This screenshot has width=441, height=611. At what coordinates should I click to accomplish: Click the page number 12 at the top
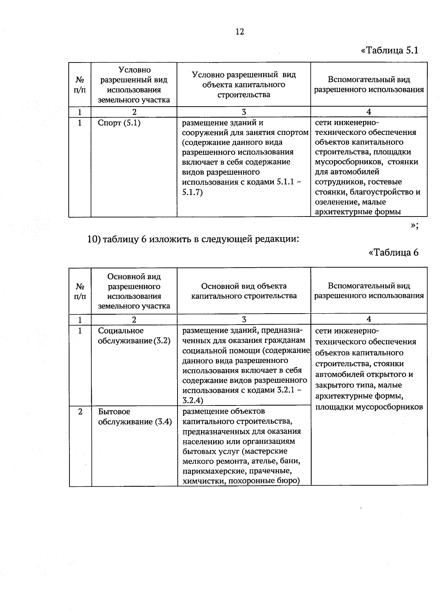click(x=239, y=32)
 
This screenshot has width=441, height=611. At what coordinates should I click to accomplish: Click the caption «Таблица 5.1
click(x=390, y=50)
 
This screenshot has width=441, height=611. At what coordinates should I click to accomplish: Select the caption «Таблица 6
click(x=393, y=252)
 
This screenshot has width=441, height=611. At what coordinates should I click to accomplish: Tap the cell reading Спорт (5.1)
click(x=119, y=123)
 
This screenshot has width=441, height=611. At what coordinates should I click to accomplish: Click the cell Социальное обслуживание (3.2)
click(x=134, y=336)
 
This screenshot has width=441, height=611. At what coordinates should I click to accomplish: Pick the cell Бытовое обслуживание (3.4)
click(x=135, y=417)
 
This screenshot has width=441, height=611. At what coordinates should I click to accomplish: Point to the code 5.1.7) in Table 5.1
click(x=193, y=192)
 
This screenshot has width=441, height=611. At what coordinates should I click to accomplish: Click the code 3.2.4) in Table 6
click(x=193, y=400)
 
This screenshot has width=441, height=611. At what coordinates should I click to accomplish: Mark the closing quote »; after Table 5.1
click(x=414, y=225)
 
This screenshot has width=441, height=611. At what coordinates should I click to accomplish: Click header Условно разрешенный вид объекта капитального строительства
click(x=244, y=85)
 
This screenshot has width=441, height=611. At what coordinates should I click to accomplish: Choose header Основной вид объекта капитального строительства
click(x=244, y=291)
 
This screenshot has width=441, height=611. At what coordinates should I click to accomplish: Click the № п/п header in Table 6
click(x=80, y=291)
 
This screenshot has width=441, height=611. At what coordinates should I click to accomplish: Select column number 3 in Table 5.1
click(x=244, y=112)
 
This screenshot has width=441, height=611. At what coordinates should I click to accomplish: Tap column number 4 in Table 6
click(x=369, y=319)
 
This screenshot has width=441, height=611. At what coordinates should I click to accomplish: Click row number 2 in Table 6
click(x=80, y=411)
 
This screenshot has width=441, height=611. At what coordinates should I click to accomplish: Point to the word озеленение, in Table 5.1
click(x=337, y=202)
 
